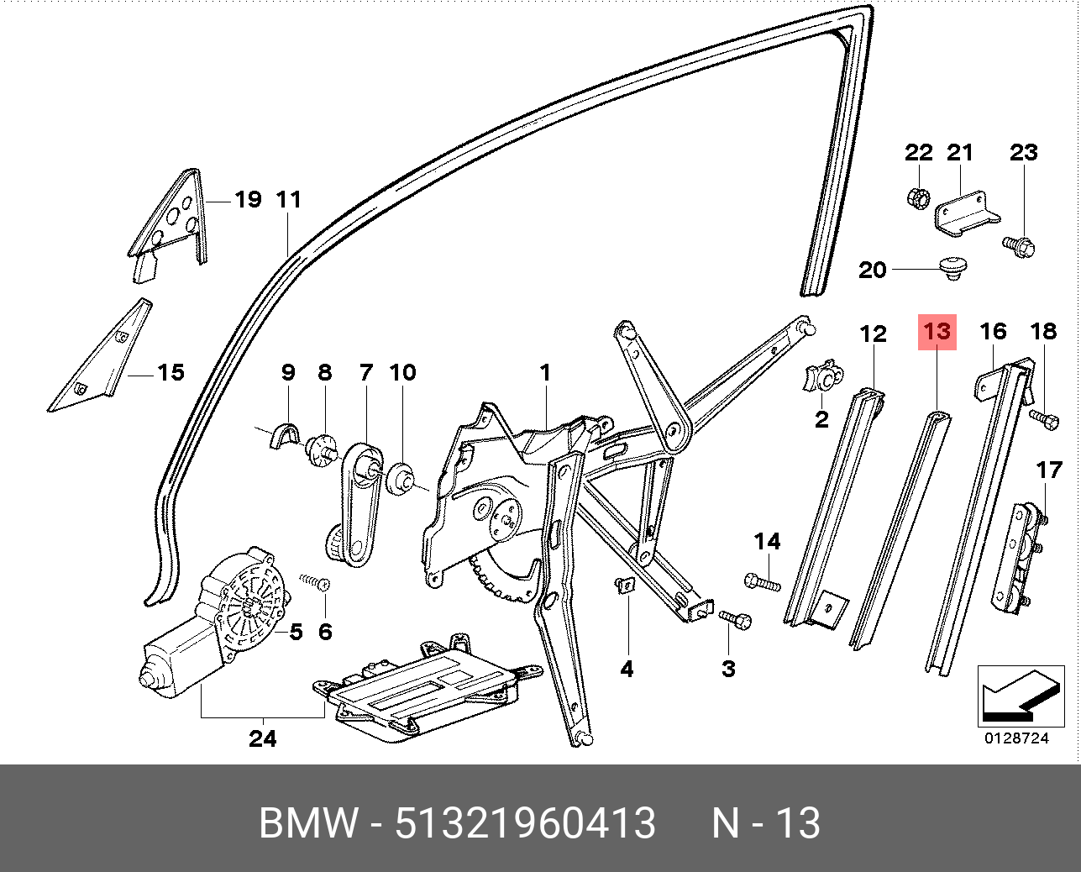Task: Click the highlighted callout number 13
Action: coord(937,331)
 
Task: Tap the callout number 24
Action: coord(262,738)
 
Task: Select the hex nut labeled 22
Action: coord(917,198)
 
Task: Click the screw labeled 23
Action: coord(1019,246)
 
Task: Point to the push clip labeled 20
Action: coord(952,268)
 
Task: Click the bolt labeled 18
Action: coord(1042,418)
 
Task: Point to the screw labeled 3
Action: coord(736,619)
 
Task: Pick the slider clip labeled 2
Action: coord(823,377)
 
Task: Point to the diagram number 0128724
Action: coord(1016,739)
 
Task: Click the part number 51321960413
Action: coord(525,823)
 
